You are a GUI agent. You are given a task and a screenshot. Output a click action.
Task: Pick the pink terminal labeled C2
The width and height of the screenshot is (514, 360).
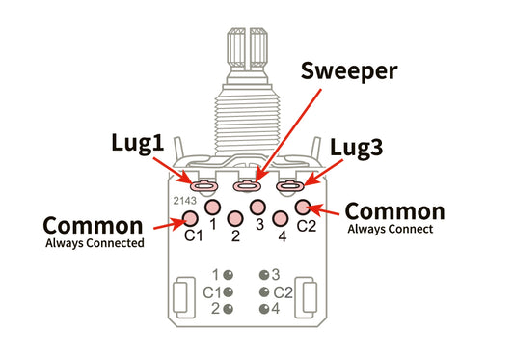coord(302,207)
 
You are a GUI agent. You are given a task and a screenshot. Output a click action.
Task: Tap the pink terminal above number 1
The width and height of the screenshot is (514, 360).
coord(212,207)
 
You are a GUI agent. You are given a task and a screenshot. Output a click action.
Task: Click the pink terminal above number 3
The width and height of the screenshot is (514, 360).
coord(257,207)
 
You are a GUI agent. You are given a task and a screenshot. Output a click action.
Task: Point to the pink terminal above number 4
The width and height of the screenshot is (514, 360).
coord(280,217)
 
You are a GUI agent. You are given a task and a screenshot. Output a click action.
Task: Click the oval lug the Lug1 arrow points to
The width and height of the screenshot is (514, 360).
coord(204,185)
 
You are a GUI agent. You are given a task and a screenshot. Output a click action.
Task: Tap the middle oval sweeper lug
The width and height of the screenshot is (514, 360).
coord(248,185)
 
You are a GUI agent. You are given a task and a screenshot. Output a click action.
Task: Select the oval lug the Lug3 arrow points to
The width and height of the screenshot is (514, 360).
coord(290,185)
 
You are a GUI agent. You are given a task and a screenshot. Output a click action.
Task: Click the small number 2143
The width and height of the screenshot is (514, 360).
coord(186,200)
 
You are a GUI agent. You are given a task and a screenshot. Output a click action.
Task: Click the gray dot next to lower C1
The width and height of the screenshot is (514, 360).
coord(229,291)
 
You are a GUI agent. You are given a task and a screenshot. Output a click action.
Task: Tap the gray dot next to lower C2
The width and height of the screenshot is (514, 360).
coord(263,291)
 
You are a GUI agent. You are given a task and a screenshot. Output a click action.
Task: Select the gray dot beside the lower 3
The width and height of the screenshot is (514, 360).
coord(263,274)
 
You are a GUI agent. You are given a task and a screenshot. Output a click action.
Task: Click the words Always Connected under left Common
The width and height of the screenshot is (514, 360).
coord(95,243)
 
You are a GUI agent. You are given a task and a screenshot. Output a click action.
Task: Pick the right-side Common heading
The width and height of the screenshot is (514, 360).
coord(394,210)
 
